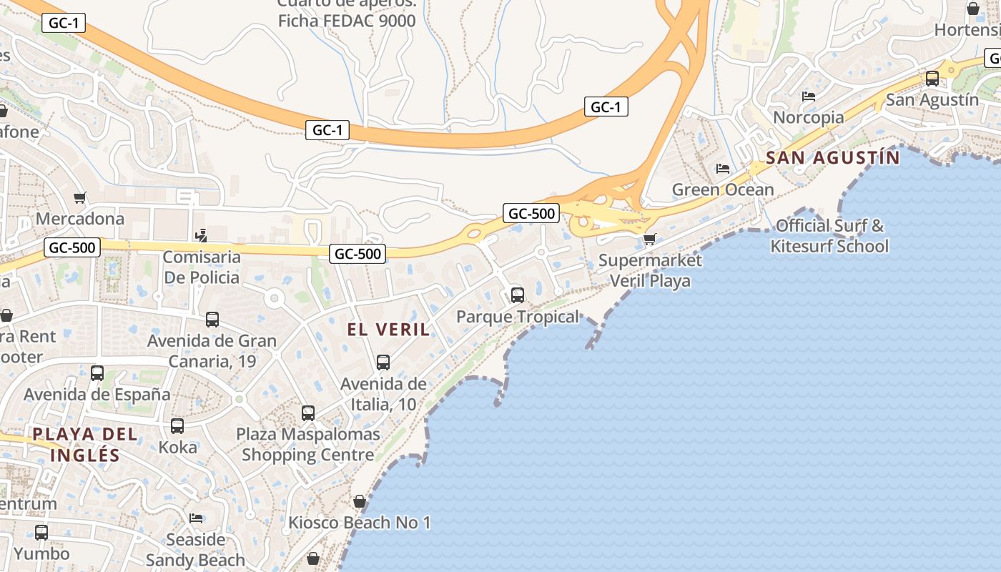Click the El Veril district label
coord(389,329)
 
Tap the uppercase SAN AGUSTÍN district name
coord(832,157)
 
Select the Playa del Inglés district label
coord(84,444)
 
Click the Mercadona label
coord(80,218)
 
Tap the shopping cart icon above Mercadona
coord(79,197)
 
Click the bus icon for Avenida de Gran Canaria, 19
coord(212,320)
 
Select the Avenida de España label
coord(97,394)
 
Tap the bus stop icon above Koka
coord(177,426)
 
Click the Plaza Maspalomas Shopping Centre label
coord(308,444)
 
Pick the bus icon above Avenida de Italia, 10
coord(383,363)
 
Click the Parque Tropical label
coord(518,317)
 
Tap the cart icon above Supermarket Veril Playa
coord(649,238)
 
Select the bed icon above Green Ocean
coord(723,169)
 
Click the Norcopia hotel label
coord(809,117)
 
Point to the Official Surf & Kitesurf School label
coord(829,236)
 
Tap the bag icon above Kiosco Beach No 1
coord(360,502)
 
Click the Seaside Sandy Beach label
coord(195,549)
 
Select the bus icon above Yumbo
coord(41,533)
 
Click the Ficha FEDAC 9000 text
coord(347,20)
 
